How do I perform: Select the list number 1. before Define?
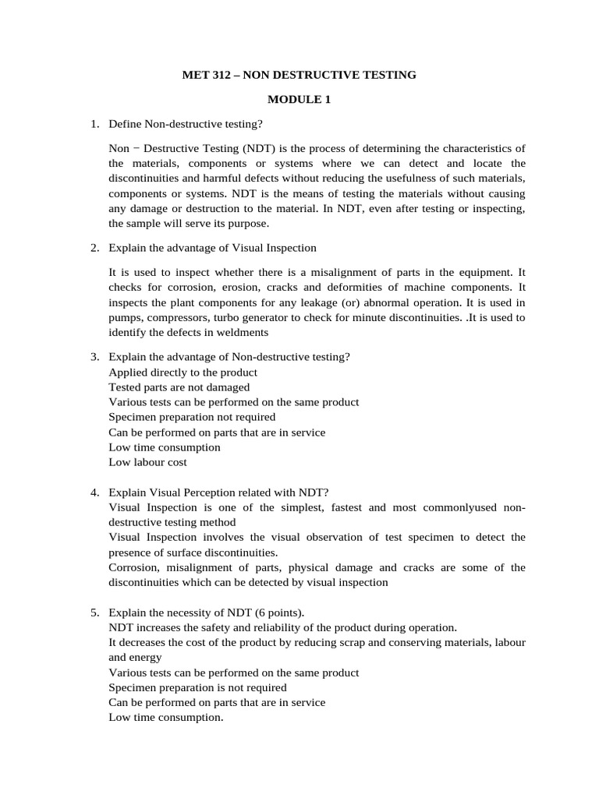[x=94, y=124]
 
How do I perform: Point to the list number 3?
[x=94, y=357]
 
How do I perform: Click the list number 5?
[x=94, y=613]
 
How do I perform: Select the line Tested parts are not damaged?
[x=179, y=387]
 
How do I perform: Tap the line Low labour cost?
[x=147, y=462]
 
